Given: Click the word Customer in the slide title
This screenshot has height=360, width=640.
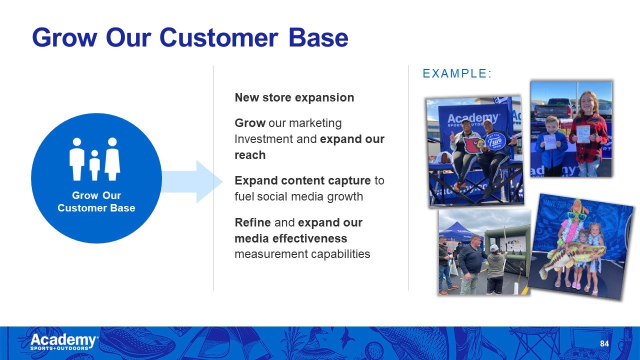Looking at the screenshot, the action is click(x=218, y=37).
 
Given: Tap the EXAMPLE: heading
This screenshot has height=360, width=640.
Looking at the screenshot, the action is click(x=457, y=73).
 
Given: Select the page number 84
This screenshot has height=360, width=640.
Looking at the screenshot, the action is click(x=604, y=343).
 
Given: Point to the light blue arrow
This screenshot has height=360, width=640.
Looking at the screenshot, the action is click(x=191, y=181).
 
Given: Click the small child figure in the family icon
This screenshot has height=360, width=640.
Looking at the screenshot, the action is click(x=94, y=165).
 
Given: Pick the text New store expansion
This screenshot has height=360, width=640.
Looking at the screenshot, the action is click(x=294, y=97).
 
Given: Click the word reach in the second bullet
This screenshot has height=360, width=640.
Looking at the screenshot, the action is click(x=250, y=155).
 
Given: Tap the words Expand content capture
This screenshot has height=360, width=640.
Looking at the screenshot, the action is click(x=302, y=181).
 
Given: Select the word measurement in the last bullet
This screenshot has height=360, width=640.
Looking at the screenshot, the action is click(x=271, y=254).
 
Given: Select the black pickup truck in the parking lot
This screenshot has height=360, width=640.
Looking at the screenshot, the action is click(x=553, y=108).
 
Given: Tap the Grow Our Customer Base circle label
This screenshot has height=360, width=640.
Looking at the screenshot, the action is click(x=96, y=201).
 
